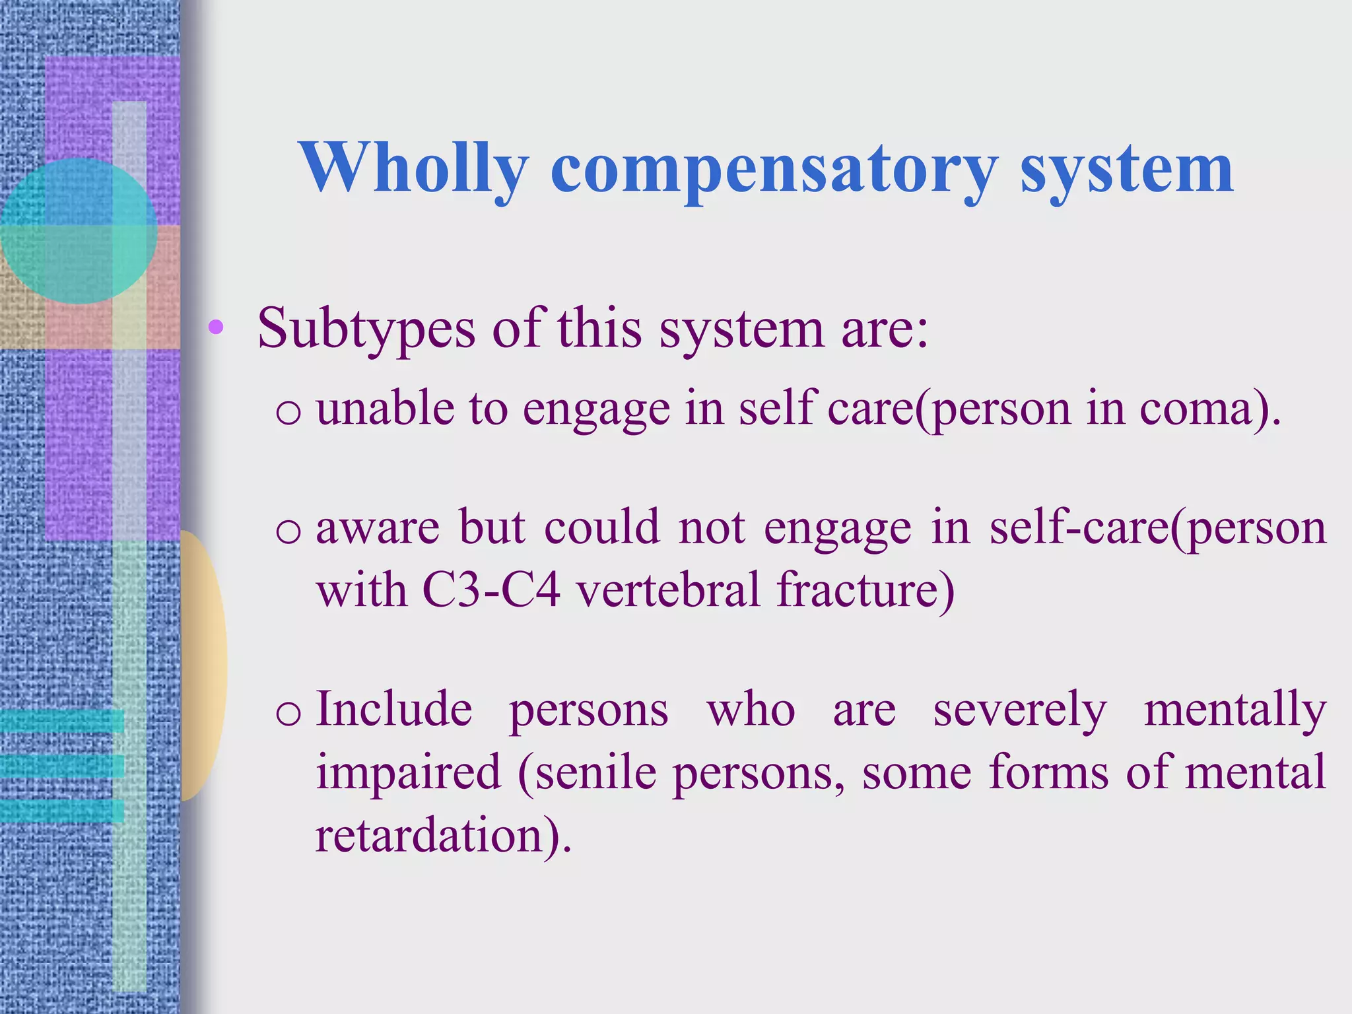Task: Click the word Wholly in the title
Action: [414, 168]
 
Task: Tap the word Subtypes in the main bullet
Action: [366, 328]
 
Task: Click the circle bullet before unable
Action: [288, 413]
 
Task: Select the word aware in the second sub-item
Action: [378, 528]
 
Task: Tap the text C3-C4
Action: [491, 590]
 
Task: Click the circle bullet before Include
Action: [288, 714]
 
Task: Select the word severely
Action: [1019, 710]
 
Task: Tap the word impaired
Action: [409, 772]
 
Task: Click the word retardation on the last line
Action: [429, 835]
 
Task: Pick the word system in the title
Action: [1126, 168]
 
